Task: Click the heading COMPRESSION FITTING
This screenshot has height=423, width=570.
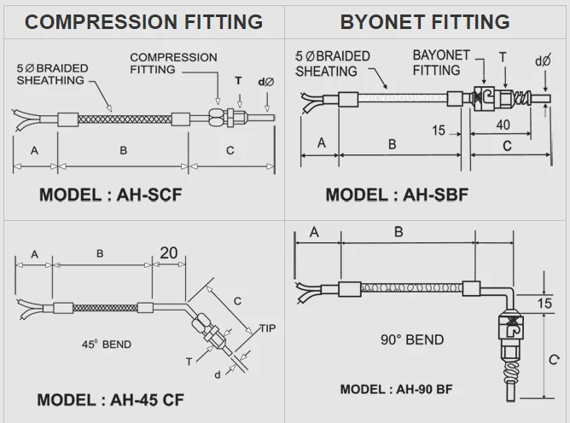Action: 143,21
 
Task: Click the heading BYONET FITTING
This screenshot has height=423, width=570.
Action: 425,21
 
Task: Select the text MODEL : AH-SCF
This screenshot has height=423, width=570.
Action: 111,194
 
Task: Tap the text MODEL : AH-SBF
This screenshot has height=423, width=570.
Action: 397,194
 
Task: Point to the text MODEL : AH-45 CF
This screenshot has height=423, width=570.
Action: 110,399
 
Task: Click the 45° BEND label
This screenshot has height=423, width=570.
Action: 107,345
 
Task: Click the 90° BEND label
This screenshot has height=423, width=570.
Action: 412,339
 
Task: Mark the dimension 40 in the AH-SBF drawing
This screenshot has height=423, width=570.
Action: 503,125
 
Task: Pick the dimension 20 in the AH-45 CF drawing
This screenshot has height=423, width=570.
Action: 169,253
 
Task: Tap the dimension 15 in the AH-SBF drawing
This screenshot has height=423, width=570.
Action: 439,130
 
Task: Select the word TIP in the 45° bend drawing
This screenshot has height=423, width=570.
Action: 269,327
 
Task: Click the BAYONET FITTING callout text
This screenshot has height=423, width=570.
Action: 442,62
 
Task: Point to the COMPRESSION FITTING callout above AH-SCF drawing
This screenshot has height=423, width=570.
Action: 173,64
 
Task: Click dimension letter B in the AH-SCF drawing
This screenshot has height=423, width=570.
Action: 123,151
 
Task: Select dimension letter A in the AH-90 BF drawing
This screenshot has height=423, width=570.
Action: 314,232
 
